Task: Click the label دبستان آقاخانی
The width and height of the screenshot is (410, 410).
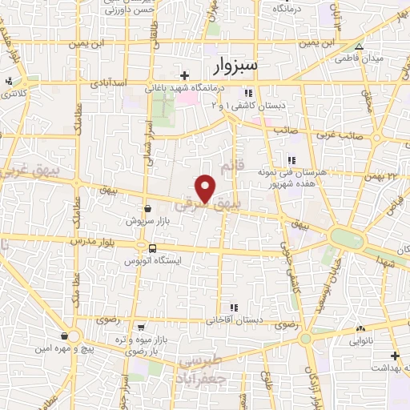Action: tap(233, 320)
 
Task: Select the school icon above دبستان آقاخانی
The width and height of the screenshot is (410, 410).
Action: tap(233, 307)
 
